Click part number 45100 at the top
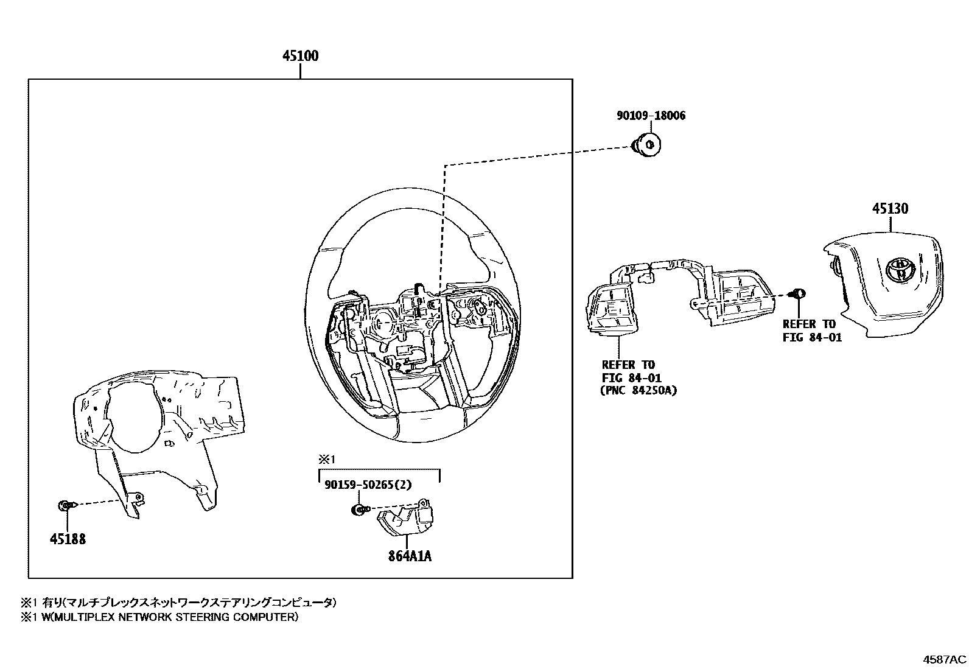click(300, 56)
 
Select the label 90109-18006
click(650, 116)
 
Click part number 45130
click(889, 209)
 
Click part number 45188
click(68, 539)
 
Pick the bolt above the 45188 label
click(65, 505)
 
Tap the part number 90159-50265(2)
click(368, 485)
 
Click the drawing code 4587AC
click(943, 660)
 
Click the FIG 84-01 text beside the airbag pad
click(812, 337)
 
